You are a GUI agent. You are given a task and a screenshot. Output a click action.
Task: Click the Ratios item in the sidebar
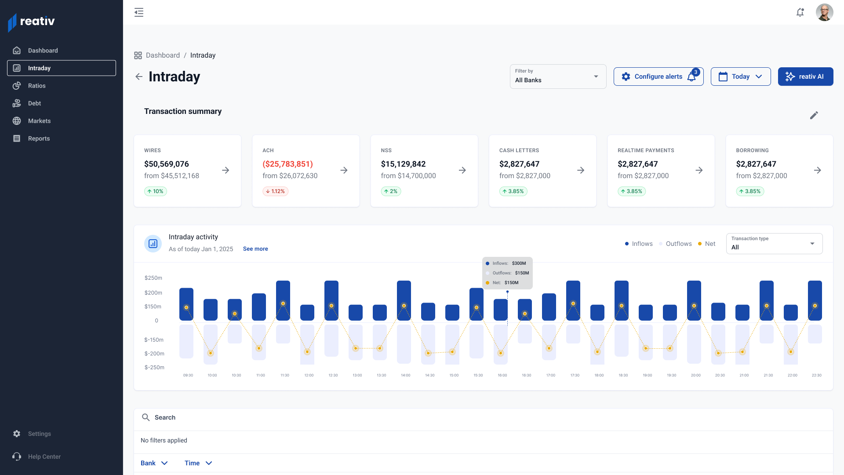pos(36,86)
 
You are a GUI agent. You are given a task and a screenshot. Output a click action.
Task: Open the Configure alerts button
pos(658,77)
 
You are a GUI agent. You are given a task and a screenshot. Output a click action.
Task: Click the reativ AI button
pos(805,77)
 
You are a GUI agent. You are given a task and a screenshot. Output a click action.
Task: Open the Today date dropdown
pos(740,77)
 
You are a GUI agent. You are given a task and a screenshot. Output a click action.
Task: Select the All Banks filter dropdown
pos(557,77)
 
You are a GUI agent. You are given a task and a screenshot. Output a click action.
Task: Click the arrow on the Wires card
pos(226,170)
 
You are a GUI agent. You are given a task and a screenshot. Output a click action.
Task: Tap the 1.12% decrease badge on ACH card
pos(276,191)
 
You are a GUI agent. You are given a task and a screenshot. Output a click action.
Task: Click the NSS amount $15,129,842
pos(403,164)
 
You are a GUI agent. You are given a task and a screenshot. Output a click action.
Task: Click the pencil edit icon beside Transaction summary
pos(814,115)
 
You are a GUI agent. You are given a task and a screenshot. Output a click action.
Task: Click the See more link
pos(255,249)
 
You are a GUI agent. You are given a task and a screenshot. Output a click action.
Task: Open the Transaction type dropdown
pos(774,244)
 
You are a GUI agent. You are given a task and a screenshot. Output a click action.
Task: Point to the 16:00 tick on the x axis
pos(502,375)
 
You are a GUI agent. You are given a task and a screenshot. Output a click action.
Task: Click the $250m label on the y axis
pos(153,278)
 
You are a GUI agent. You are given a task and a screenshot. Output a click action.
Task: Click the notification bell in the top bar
pos(800,12)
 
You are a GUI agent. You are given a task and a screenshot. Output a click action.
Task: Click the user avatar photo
pos(824,12)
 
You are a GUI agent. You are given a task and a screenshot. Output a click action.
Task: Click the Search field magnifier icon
pos(146,417)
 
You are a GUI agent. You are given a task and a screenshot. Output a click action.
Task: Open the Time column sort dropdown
pos(198,463)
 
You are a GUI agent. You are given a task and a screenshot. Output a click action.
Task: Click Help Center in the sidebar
pos(44,457)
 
